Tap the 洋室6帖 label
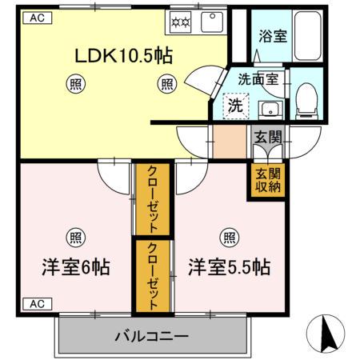pos(75,266)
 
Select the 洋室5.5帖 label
pos(229,266)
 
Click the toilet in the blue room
pos(306,100)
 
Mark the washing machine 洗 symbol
pos(235,106)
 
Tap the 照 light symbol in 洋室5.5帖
pos(229,236)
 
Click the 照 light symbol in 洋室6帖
pos(75,236)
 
